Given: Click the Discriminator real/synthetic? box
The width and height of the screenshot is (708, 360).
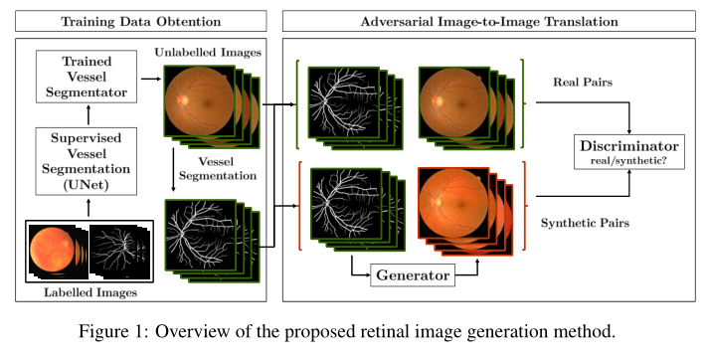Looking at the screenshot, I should click(628, 152).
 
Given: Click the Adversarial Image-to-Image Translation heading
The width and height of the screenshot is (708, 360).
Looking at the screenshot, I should click(488, 21).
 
